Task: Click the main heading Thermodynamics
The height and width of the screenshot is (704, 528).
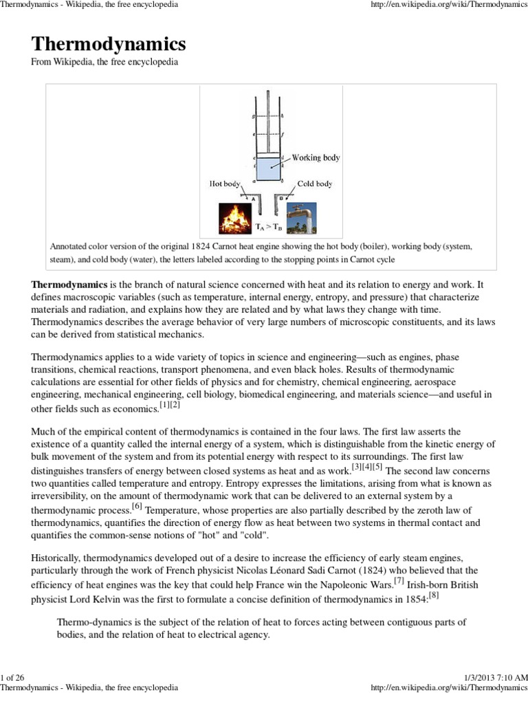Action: point(109,45)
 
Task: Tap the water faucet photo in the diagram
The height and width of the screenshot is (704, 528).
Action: point(301,217)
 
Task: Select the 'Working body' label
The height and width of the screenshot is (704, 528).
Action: point(316,157)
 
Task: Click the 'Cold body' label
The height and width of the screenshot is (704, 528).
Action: point(315,184)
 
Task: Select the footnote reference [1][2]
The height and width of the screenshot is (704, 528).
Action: point(169,405)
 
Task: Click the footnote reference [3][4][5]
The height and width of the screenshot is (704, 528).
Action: point(366,467)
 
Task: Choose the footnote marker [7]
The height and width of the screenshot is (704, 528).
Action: point(399,580)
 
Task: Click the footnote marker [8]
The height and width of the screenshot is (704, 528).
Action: point(434,595)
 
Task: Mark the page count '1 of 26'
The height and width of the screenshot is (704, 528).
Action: point(13,678)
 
